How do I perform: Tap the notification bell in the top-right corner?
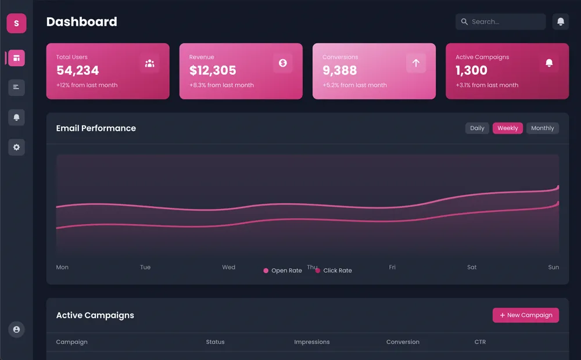click(561, 21)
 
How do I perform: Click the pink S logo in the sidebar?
click(16, 23)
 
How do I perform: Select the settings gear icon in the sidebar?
click(16, 147)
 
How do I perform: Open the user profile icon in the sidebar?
click(16, 330)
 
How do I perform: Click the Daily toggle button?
click(477, 128)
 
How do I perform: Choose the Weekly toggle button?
click(508, 128)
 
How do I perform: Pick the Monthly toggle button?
click(543, 128)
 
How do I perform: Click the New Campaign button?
click(526, 315)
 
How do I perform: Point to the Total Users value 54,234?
click(78, 71)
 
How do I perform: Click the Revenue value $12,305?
click(213, 71)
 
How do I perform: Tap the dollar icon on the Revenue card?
click(283, 63)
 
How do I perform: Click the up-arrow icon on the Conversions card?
click(416, 63)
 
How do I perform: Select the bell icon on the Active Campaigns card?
click(549, 63)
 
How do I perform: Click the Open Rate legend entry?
click(283, 271)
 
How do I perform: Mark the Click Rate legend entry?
click(334, 271)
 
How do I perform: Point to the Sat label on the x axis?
click(472, 267)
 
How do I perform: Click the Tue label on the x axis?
click(145, 267)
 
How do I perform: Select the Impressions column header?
click(312, 342)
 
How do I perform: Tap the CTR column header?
click(480, 342)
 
